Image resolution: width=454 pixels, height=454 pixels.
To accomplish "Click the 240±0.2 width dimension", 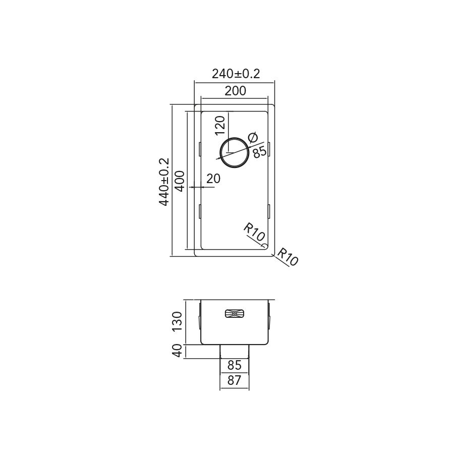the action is pos(236,74).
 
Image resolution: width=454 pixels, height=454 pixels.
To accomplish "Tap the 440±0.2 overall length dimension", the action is pos(164,182).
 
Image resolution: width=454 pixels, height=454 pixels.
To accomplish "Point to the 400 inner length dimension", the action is pos(180,181).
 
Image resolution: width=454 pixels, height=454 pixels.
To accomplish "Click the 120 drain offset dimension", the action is pos(220,126).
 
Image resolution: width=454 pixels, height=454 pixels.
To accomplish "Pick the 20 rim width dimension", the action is pos(213,179).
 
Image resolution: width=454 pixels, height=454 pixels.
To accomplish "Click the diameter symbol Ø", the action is pos(253,137).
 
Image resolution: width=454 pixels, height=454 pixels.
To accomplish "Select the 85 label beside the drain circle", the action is pos(259,152).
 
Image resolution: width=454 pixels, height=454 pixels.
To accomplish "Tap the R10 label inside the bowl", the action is pos(254,232).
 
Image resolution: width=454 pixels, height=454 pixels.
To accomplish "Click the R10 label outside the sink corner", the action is pos(287,257).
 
